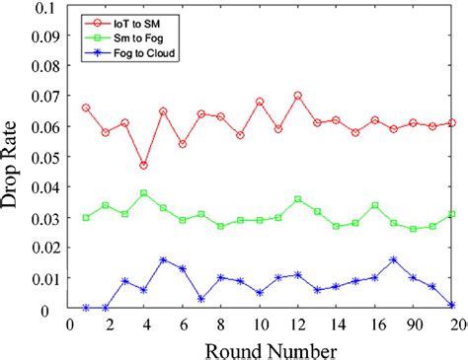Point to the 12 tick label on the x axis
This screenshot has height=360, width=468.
pos(297,323)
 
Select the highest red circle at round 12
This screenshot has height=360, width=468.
pos(297,96)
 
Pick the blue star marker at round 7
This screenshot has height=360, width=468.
pos(201,299)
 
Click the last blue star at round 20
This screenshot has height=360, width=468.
pos(451,305)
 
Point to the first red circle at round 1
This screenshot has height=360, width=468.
pos(86,108)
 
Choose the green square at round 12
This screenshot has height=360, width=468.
pos(297,199)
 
